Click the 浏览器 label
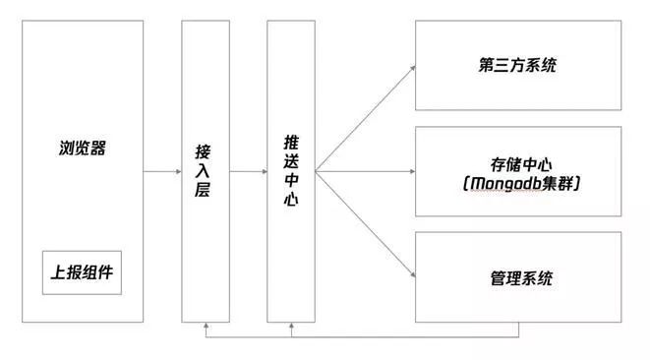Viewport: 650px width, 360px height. (x=82, y=150)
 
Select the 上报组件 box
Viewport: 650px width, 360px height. (x=82, y=273)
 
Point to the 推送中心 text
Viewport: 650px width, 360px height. (x=290, y=171)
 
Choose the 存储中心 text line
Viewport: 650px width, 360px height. (x=517, y=161)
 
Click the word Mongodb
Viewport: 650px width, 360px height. (x=501, y=183)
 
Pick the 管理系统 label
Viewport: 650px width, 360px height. (x=517, y=277)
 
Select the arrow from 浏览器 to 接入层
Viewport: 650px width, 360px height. (x=161, y=172)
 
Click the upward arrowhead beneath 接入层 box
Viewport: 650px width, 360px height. (x=203, y=326)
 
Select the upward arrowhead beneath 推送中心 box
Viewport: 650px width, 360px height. (x=291, y=326)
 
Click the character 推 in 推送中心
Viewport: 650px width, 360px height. (x=290, y=144)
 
